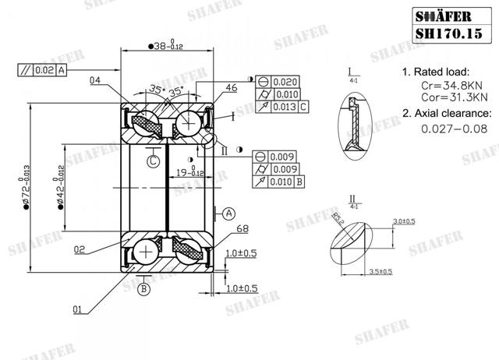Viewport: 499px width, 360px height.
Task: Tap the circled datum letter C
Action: click(154, 160)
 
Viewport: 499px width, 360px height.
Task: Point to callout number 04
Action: click(95, 80)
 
